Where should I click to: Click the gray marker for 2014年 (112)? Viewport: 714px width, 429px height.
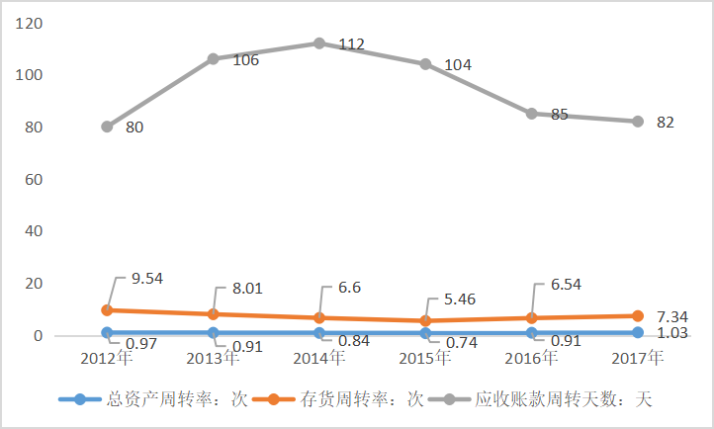coord(319,43)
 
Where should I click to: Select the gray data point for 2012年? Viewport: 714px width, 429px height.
coord(107,127)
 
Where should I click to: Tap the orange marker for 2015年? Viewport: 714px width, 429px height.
coord(425,321)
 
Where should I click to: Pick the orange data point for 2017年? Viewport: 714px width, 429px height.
coord(638,316)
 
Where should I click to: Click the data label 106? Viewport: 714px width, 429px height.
coord(245,60)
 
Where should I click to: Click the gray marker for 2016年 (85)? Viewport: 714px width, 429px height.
coord(532,114)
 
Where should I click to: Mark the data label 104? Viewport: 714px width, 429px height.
coord(458,65)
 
